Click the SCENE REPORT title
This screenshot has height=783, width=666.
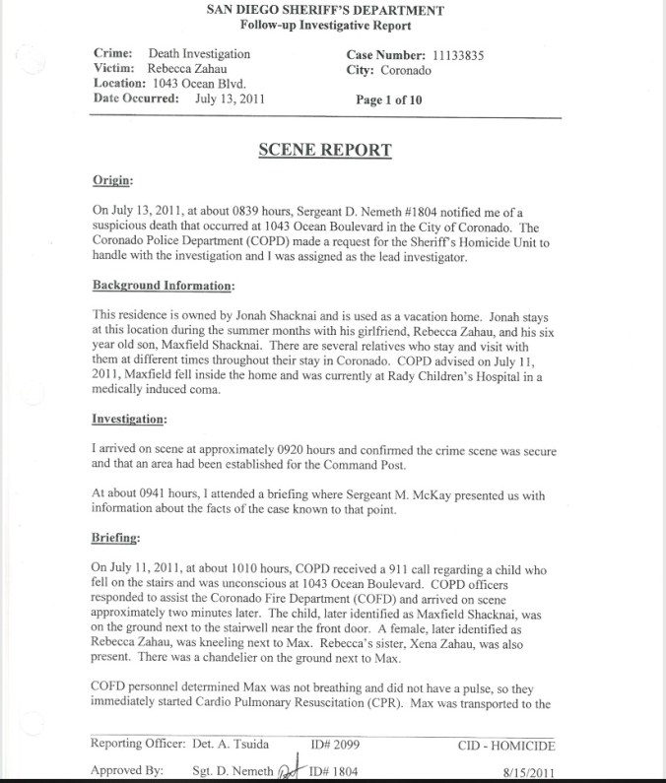[x=324, y=150]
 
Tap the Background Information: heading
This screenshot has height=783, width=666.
[x=163, y=286]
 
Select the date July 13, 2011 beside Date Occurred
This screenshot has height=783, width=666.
[x=230, y=98]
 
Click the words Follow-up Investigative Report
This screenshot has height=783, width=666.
[x=325, y=25]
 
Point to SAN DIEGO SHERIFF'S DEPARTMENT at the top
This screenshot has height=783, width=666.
[x=325, y=10]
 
